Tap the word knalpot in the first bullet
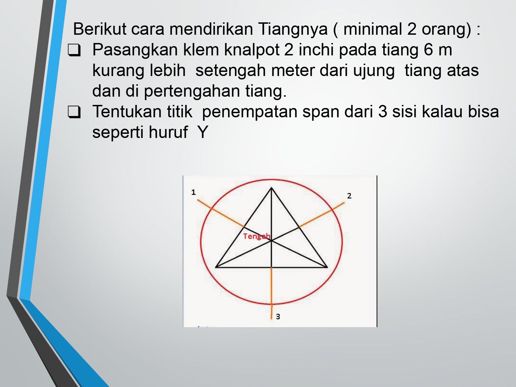point(252,50)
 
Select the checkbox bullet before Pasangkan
point(74,50)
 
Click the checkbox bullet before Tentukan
point(74,112)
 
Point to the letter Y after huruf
point(203,132)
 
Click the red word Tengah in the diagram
point(257,236)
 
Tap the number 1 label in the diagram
point(193,192)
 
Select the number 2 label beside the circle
point(349,196)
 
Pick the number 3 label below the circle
point(278,317)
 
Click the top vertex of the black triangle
point(271,188)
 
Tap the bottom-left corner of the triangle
point(216,267)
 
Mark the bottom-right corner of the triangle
point(327,267)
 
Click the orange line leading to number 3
point(271,293)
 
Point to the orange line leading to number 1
point(221,213)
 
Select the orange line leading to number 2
point(322,215)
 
